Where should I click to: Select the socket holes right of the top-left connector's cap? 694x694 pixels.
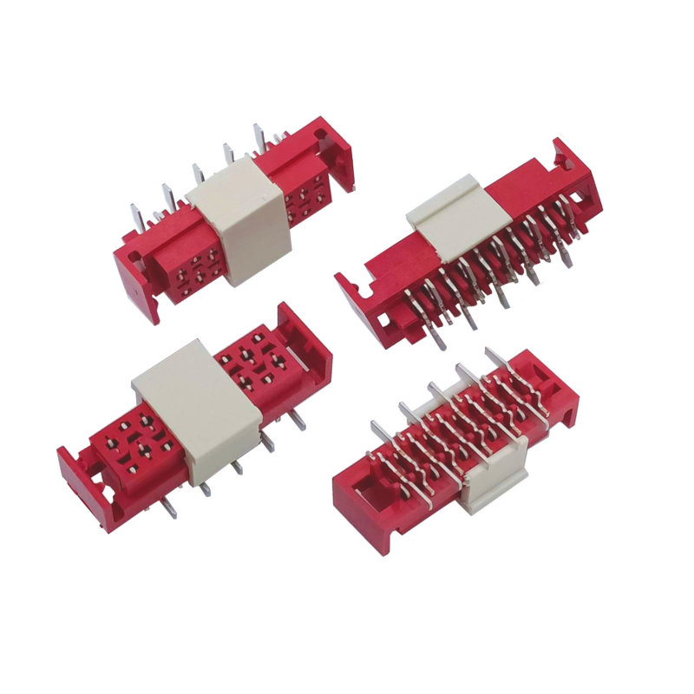point(308,195)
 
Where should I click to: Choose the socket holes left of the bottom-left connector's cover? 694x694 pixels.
point(130,438)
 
